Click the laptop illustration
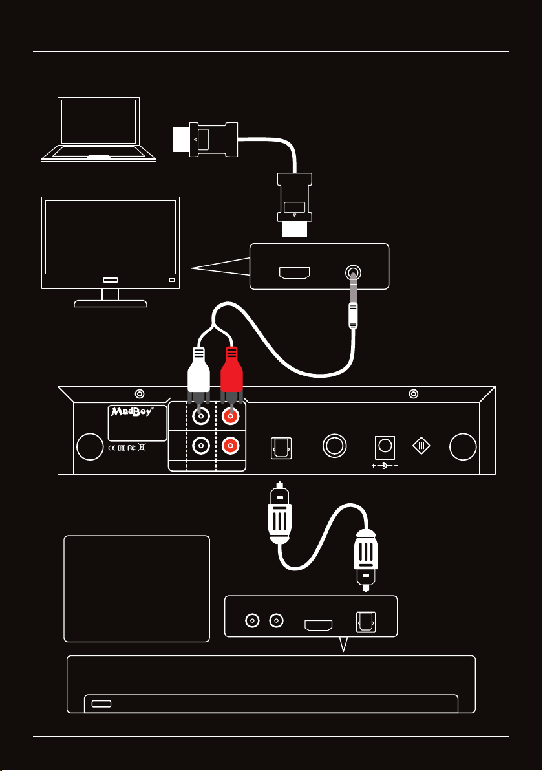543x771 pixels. point(98,130)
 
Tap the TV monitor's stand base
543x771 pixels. point(111,303)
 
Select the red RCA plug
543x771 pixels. point(231,372)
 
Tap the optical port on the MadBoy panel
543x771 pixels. point(281,447)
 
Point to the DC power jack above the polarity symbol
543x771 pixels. point(386,446)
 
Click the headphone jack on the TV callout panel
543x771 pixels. point(353,274)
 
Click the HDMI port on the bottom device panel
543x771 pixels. point(319,625)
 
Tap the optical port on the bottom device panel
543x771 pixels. point(367,625)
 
